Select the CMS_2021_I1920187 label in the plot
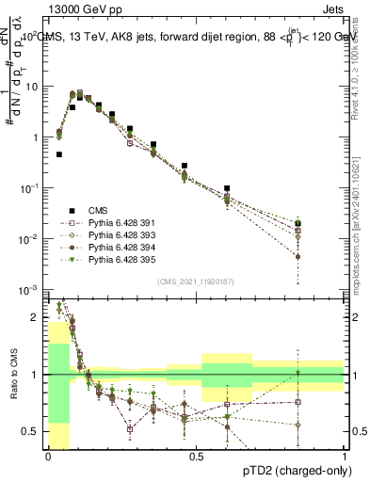coord(197,281)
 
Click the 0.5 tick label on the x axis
coord(196,457)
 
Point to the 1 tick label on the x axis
coord(345,457)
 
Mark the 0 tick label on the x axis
coord(48,457)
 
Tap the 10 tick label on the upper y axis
coord(31,87)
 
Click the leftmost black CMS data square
coord(59,154)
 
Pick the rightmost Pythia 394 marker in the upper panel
coord(298,256)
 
